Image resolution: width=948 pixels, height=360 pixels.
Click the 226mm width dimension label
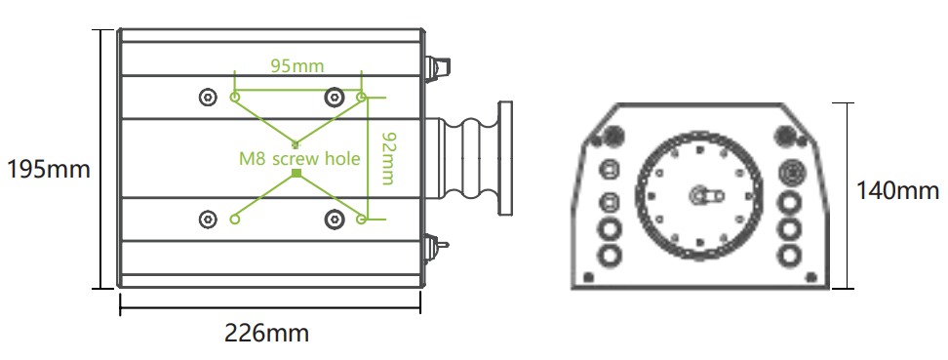point(266,333)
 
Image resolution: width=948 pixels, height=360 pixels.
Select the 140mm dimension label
point(897,190)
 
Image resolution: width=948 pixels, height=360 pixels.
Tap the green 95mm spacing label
point(297,66)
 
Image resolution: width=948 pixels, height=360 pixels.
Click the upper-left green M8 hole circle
point(234,97)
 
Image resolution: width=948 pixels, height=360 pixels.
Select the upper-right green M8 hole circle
point(362,97)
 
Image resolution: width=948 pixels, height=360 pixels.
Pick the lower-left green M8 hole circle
point(234,219)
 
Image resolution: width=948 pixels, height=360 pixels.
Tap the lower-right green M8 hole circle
point(362,219)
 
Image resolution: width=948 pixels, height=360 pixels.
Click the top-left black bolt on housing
point(208,97)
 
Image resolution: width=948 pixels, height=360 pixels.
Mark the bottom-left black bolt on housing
point(208,219)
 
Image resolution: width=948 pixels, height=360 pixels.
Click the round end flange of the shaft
point(504,158)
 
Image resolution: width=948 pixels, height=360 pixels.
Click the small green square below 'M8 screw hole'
point(296,174)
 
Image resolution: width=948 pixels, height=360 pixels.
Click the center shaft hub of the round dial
point(700,195)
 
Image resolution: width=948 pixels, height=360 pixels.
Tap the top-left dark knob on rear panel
point(614,135)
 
